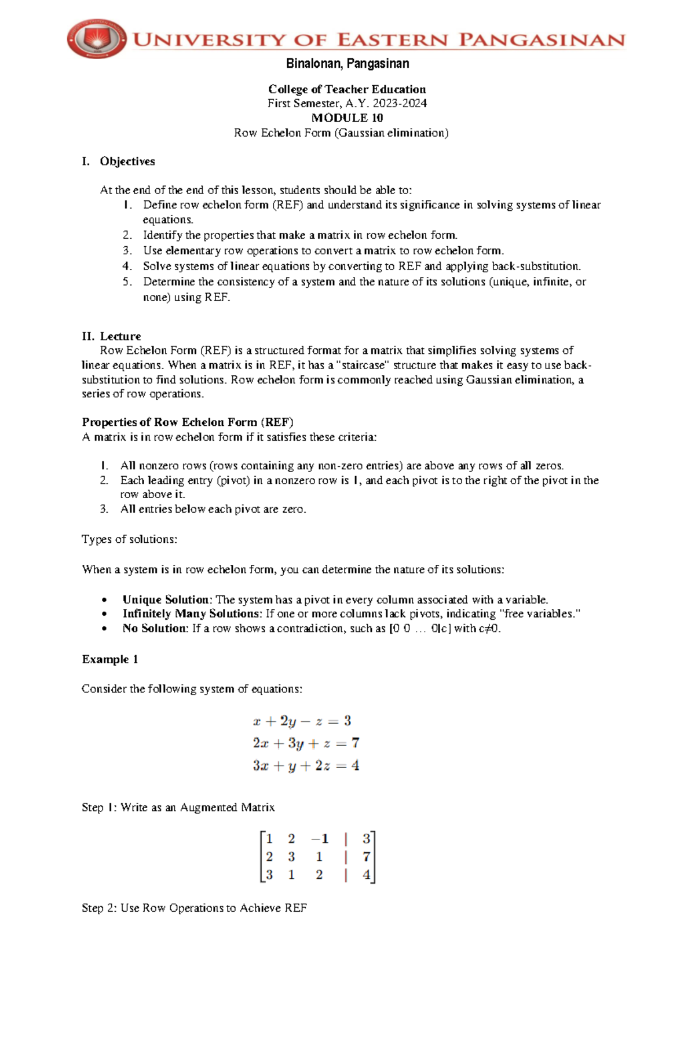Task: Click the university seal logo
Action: coord(96,39)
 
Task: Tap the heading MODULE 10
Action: coord(347,118)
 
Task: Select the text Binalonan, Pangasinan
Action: coord(347,64)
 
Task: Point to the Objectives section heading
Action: coord(127,162)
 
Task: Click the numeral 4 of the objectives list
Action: coord(127,266)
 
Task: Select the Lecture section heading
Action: coord(120,337)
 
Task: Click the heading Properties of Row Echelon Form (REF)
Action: coord(188,422)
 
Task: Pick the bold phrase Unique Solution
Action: coord(167,600)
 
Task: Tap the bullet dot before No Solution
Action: coord(104,629)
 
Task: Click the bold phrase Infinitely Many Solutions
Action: coord(192,614)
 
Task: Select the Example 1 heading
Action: coord(110,660)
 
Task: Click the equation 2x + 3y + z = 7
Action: coord(306,744)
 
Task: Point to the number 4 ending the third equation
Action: coord(355,766)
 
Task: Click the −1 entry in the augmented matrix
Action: coord(320,839)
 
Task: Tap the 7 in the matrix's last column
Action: coord(366,857)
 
